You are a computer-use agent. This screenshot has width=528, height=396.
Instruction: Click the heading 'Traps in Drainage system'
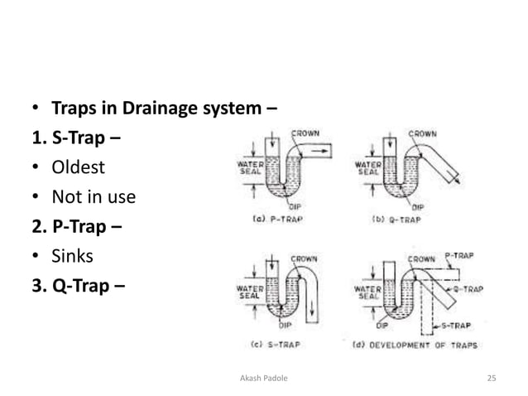click(164, 108)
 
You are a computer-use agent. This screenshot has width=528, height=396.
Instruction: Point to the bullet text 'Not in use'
click(94, 197)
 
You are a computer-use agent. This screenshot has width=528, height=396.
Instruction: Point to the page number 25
click(492, 379)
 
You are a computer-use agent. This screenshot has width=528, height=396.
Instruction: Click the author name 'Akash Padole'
click(263, 379)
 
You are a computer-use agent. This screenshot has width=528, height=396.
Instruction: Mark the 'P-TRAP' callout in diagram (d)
click(460, 257)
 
